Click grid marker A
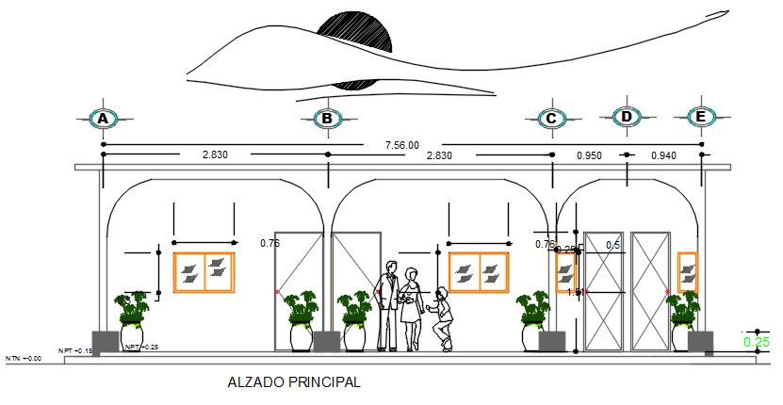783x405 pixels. (104, 119)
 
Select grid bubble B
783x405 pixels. (327, 119)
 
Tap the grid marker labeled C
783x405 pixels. (552, 119)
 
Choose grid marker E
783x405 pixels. (700, 117)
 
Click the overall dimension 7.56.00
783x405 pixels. (402, 145)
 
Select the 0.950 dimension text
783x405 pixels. (590, 155)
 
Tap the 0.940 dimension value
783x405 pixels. (664, 155)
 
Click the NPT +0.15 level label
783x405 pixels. (75, 351)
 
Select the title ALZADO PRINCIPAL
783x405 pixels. (294, 383)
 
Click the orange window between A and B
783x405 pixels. (204, 271)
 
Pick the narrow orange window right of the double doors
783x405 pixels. (687, 273)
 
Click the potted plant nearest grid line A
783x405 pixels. (132, 322)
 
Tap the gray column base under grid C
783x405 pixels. (551, 342)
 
